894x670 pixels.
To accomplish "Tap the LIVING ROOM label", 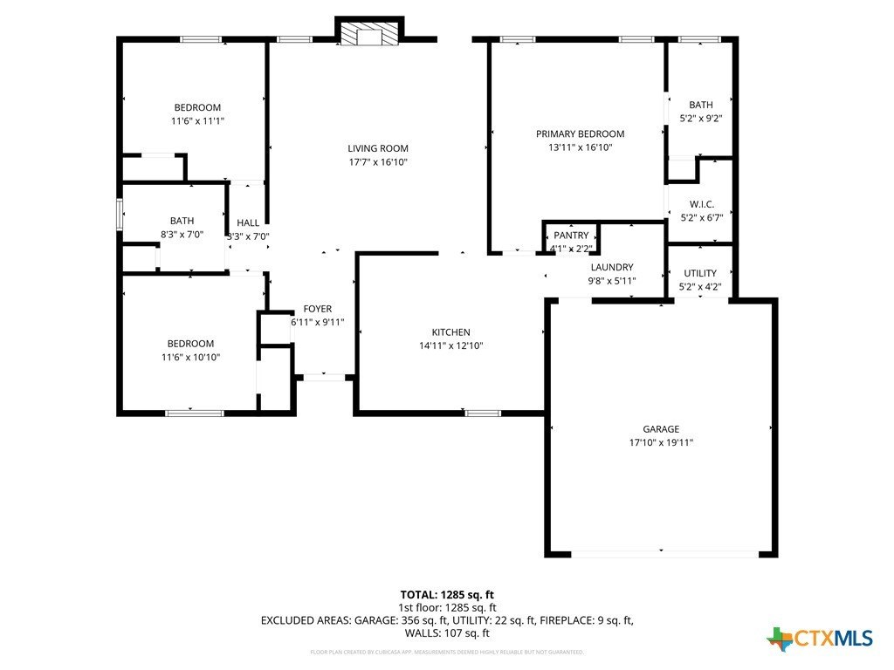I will pos(378,148).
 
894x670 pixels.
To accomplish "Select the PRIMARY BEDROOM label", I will pos(580,133).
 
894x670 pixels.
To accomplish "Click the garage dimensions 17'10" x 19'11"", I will pos(661,442).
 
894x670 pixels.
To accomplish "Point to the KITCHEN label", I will pos(450,332).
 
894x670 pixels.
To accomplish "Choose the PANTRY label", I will pos(571,236).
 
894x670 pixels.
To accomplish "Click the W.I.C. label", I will pos(701,204).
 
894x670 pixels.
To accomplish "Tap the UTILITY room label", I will pos(700,273).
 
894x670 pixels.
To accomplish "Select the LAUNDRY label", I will pos(611,267).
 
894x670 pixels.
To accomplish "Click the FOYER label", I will pos(317,309).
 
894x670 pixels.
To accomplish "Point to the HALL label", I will pos(248,223).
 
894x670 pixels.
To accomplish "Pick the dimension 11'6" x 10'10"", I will pos(190,357).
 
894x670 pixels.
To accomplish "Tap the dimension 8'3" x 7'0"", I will pos(182,235).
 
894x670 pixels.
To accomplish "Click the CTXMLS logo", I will pos(820,639).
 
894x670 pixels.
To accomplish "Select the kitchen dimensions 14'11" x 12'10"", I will pos(450,345).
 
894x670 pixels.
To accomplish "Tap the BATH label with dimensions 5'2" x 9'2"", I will pos(700,105).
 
